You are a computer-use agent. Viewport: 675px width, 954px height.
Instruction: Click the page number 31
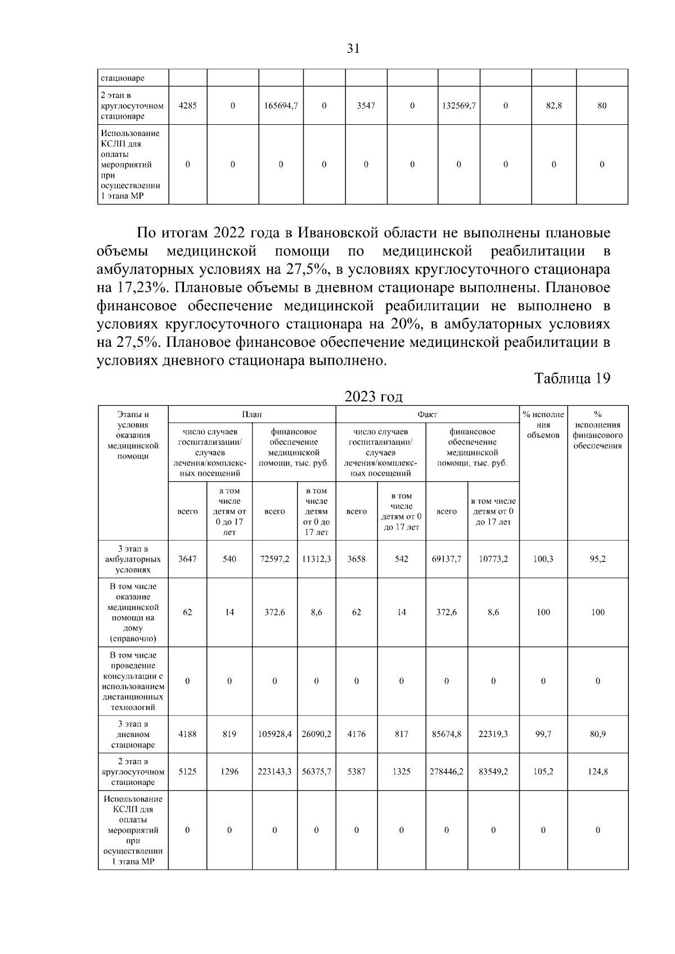(353, 48)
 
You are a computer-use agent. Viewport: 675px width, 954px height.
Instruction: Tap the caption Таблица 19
(572, 378)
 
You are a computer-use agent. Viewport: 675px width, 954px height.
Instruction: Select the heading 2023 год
(373, 396)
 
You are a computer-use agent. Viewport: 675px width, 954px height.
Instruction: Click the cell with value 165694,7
(281, 106)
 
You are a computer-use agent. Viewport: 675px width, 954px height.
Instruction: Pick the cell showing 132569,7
(458, 106)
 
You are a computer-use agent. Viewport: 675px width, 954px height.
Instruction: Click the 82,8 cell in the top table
(553, 106)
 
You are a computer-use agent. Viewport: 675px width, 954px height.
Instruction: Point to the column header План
(251, 414)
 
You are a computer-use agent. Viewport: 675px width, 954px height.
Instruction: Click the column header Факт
(427, 414)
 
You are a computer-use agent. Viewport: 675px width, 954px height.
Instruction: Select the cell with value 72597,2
(274, 559)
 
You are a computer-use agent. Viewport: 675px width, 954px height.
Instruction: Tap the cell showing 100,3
(543, 559)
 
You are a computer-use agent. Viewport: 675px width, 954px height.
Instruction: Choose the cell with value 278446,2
(446, 772)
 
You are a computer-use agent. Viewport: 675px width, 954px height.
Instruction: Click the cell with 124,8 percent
(597, 772)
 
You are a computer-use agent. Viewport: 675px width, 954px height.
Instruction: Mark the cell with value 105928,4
(274, 734)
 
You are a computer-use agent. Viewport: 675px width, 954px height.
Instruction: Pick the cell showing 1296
(229, 772)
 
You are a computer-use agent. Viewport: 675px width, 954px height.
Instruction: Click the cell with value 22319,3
(493, 734)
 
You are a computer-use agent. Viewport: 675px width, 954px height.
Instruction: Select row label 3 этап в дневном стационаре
(133, 734)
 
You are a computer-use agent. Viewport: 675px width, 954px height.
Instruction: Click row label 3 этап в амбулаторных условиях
(133, 559)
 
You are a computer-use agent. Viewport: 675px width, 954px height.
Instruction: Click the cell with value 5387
(356, 772)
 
